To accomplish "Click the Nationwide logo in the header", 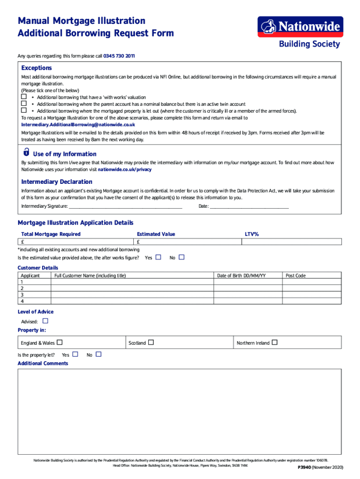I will point(300,27).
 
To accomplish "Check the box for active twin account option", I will point(23,103).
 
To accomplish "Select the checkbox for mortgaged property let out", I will point(23,110).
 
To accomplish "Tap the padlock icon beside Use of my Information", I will point(26,153).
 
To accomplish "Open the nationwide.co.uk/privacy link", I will point(124,169).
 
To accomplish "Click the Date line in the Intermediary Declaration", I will point(249,206).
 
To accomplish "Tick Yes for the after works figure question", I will point(158,257).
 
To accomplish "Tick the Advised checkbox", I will point(45,321).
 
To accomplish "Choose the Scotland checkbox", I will point(151,342).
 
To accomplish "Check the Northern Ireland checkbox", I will point(274,342).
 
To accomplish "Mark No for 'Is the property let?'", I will point(98,355).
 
